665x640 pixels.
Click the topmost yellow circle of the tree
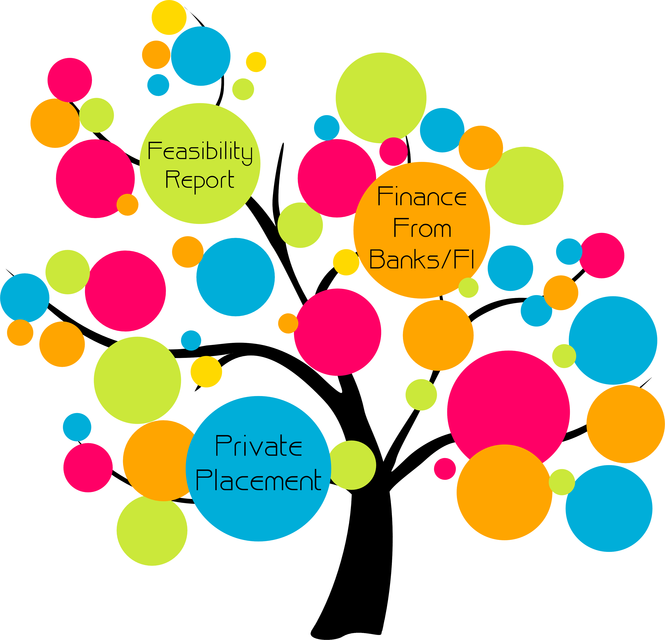169,17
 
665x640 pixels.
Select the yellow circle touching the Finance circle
346,262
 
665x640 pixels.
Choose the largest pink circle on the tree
508,412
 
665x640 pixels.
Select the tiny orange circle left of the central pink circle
288,323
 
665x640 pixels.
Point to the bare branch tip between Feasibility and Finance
283,144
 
